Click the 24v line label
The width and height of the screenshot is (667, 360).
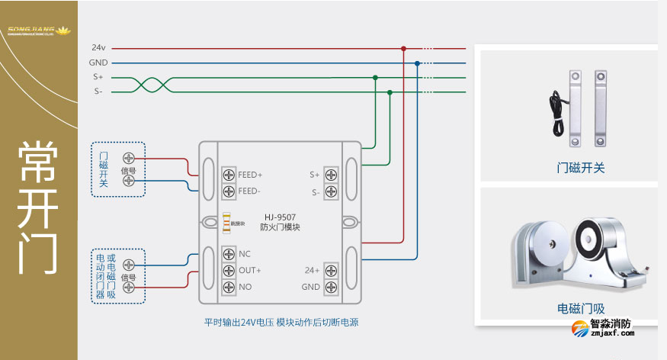(98, 48)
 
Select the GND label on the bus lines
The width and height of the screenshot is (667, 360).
(98, 63)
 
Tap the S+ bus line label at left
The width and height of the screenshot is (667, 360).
(98, 77)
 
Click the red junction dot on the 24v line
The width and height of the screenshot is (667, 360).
(403, 48)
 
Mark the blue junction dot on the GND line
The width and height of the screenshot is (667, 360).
(417, 63)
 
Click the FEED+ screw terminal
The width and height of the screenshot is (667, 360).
(228, 174)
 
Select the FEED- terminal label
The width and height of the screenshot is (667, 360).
(249, 191)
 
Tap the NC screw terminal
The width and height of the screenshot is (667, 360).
(228, 254)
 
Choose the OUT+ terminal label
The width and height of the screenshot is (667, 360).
(249, 271)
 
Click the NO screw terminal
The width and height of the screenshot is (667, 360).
(228, 288)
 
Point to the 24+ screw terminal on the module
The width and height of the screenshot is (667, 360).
(331, 271)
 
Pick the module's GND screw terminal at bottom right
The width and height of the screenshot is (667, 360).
(331, 288)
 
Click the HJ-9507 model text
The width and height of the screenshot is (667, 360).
(280, 217)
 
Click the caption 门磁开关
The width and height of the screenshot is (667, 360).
(581, 168)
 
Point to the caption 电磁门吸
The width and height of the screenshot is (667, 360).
(581, 309)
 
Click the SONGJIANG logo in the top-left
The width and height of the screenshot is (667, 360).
(38, 31)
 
